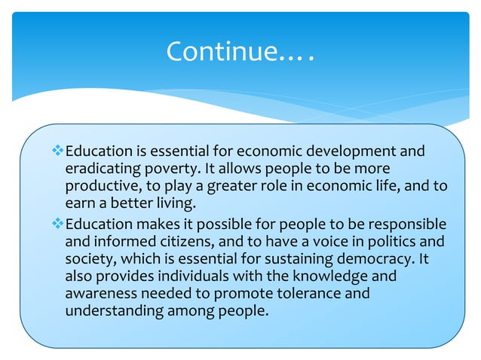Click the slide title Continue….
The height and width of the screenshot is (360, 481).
[x=240, y=51]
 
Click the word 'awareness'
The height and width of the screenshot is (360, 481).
[x=100, y=294]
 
